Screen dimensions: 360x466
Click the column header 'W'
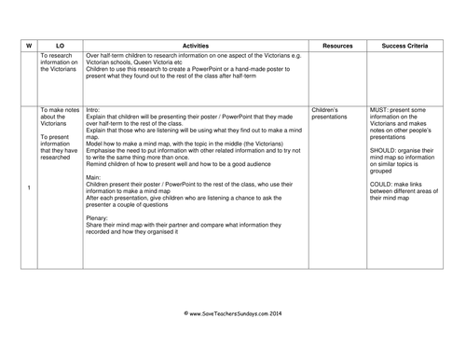[29, 44]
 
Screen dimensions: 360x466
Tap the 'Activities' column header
[200, 44]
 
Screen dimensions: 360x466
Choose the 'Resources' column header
[337, 44]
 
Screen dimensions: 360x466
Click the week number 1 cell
[29, 190]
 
